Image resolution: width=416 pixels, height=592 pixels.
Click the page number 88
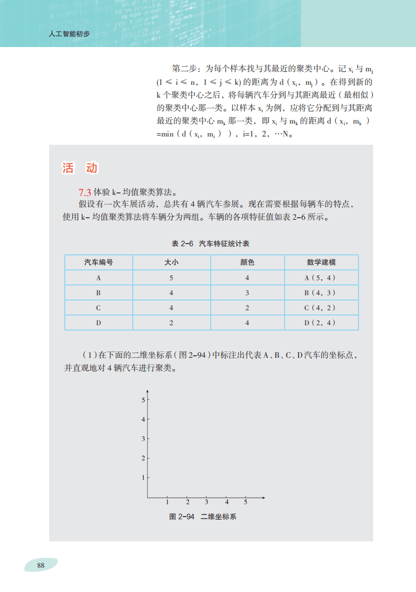pyautogui.click(x=41, y=565)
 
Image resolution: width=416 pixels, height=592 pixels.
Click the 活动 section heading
pyautogui.click(x=80, y=168)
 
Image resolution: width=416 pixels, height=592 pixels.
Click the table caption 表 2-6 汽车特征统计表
pyautogui.click(x=211, y=243)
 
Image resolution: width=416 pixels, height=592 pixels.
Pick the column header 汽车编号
pyautogui.click(x=98, y=262)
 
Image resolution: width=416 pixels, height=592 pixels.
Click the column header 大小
pyautogui.click(x=171, y=262)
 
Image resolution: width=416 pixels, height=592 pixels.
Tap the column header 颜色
pyautogui.click(x=247, y=262)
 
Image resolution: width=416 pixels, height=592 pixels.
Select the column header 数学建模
pyautogui.click(x=321, y=262)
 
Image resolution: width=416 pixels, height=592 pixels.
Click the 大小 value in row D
pyautogui.click(x=171, y=323)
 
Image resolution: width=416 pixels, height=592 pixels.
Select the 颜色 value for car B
pyautogui.click(x=247, y=293)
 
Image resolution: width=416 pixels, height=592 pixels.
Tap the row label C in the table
pyautogui.click(x=98, y=308)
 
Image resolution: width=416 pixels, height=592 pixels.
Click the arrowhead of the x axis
pyautogui.click(x=263, y=498)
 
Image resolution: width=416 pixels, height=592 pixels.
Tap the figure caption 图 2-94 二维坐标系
pyautogui.click(x=203, y=517)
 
